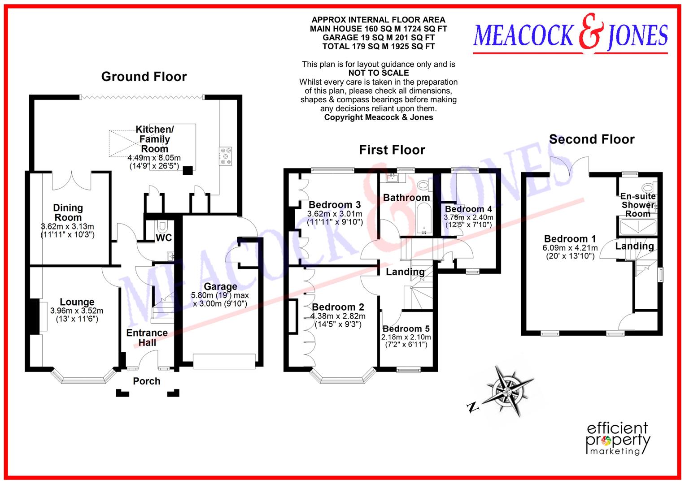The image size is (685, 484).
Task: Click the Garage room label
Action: click(220, 286)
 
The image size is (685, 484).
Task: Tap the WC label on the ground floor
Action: click(164, 238)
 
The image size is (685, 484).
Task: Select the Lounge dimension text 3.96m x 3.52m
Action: click(77, 311)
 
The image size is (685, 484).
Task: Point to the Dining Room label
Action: click(68, 212)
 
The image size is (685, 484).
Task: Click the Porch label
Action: click(146, 381)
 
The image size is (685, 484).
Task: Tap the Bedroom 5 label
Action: click(406, 328)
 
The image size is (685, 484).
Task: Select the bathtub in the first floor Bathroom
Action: click(423, 220)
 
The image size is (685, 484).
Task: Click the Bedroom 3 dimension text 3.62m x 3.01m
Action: click(335, 214)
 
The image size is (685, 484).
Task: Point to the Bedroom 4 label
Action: click(468, 209)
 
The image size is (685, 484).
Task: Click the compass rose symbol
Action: click(510, 389)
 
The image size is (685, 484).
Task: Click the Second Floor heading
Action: click(592, 139)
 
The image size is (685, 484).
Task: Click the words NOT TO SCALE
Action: click(379, 73)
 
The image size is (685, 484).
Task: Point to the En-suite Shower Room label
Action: click(637, 205)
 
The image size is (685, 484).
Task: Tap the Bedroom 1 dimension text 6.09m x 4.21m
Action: click(570, 248)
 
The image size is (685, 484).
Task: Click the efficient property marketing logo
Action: click(618, 438)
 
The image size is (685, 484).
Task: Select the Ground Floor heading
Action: click(144, 77)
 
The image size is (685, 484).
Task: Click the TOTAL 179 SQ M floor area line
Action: click(379, 46)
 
